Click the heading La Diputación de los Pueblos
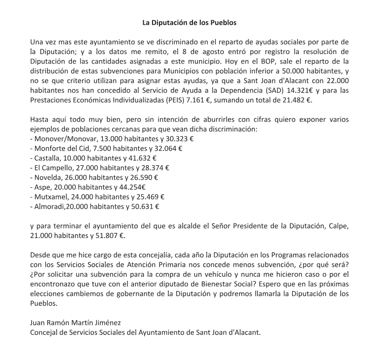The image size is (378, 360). tap(189, 23)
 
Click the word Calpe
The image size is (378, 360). tap(338, 226)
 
